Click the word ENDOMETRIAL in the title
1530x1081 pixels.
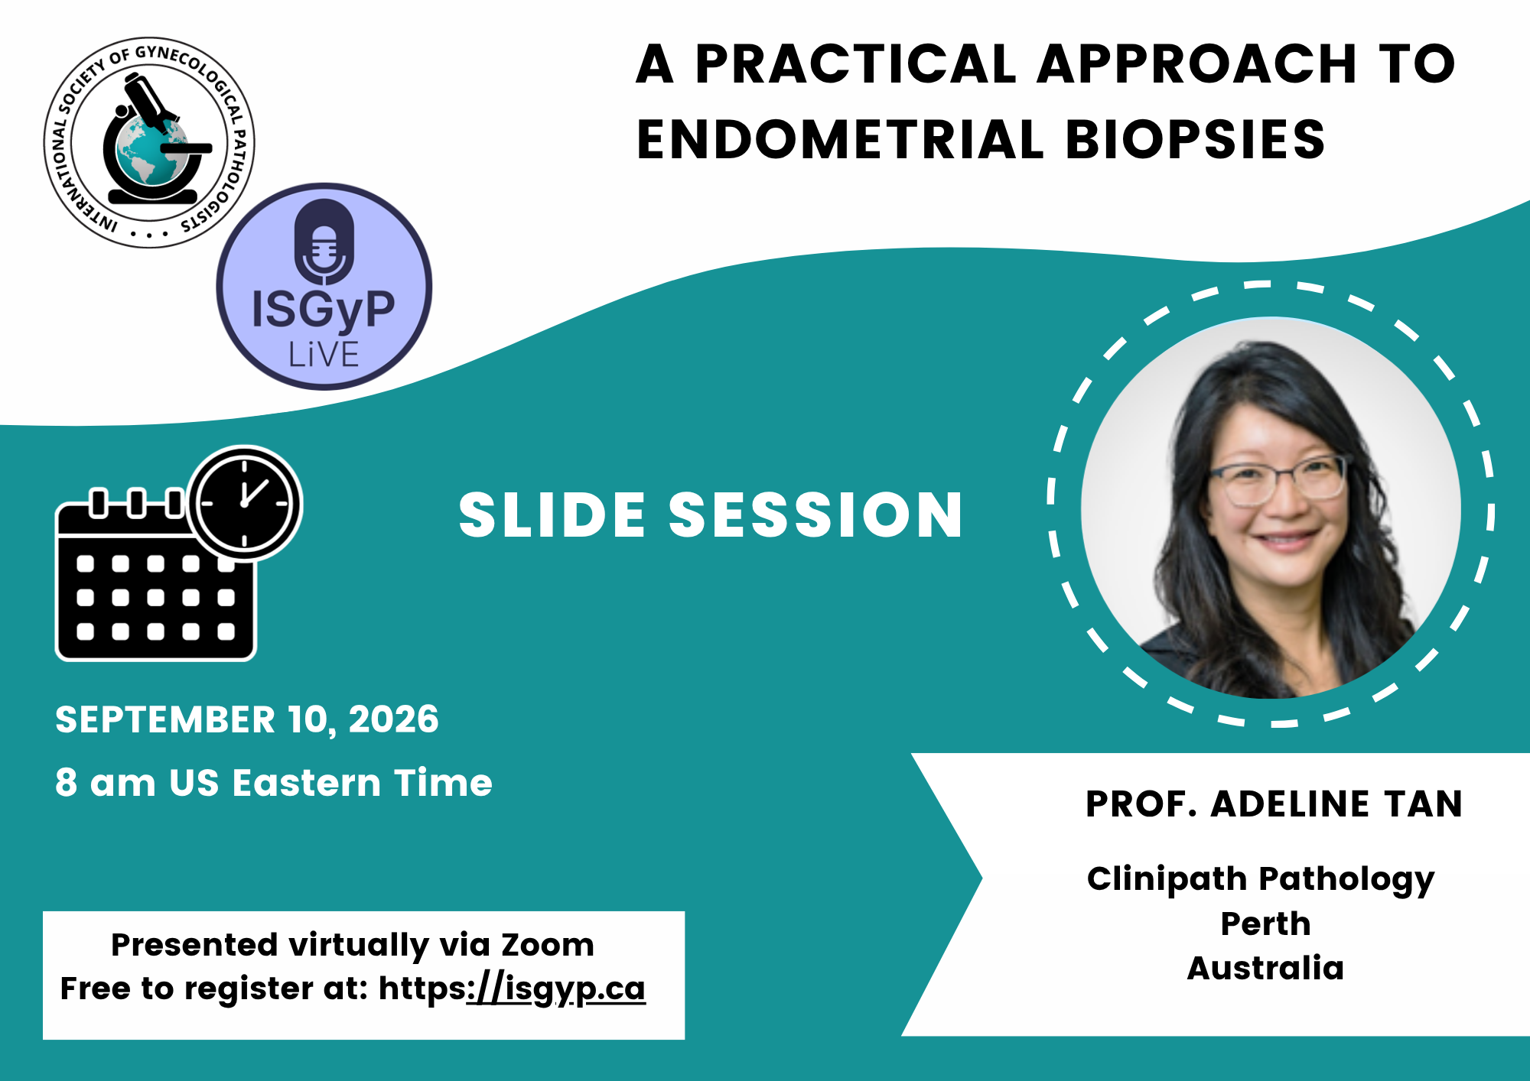840,140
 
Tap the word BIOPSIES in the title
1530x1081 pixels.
1195,140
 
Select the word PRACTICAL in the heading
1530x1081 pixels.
855,63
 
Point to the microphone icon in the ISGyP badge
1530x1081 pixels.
324,241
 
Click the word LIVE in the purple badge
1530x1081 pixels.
324,355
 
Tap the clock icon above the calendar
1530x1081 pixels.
245,503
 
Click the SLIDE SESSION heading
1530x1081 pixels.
711,515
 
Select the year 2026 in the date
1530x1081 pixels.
393,719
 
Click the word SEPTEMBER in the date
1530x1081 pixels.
165,719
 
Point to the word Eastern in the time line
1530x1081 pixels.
307,783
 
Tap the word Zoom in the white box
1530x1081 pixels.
547,945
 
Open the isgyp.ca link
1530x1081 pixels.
556,988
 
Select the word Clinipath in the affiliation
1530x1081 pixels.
1167,880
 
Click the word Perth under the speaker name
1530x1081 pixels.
1265,924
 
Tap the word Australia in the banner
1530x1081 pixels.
1265,968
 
